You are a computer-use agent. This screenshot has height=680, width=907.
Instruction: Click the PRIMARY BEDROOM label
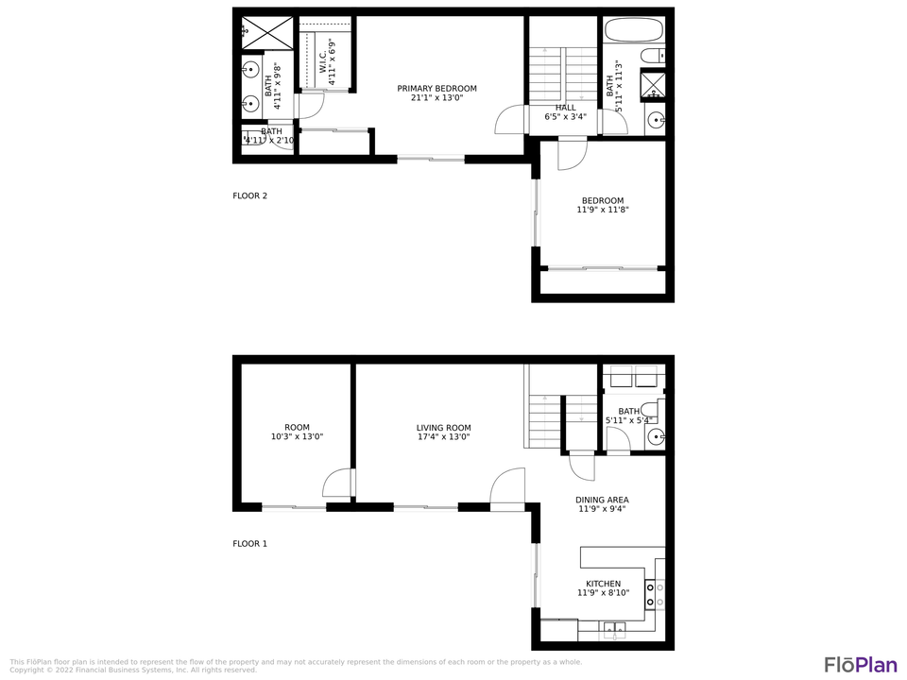tap(436, 93)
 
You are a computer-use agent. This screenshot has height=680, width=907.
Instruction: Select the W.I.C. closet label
tap(327, 62)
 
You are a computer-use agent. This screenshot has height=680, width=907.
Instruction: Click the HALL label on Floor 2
tap(565, 112)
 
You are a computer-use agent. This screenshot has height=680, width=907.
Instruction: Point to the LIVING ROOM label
tap(443, 433)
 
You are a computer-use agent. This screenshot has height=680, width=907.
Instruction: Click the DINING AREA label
tap(602, 504)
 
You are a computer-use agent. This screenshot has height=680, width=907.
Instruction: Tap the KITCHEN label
tap(603, 588)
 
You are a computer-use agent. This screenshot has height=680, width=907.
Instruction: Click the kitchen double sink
tap(614, 627)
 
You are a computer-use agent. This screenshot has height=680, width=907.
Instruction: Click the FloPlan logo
tap(860, 664)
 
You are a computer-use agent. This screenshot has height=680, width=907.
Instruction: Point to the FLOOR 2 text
tap(250, 196)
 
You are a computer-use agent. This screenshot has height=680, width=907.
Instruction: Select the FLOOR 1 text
tap(250, 544)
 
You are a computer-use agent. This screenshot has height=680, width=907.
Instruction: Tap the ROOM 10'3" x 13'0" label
tap(297, 433)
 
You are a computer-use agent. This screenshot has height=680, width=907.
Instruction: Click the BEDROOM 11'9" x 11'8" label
tap(603, 205)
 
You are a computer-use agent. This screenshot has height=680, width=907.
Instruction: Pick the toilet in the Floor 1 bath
tap(659, 411)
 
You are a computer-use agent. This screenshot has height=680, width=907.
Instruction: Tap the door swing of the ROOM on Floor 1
tap(337, 484)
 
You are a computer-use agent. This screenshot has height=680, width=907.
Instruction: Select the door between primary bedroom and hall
tap(510, 120)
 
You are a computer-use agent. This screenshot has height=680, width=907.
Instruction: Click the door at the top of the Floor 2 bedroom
tap(572, 154)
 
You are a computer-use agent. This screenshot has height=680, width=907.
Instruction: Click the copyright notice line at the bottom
tap(132, 671)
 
